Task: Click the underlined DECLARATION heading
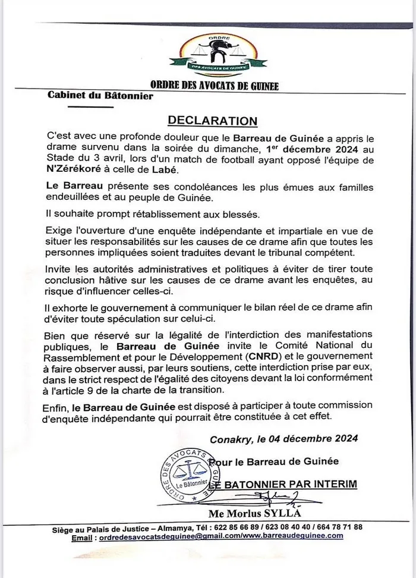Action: point(212,121)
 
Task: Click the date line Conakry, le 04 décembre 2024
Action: point(284,439)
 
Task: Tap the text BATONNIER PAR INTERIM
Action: point(291,484)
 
